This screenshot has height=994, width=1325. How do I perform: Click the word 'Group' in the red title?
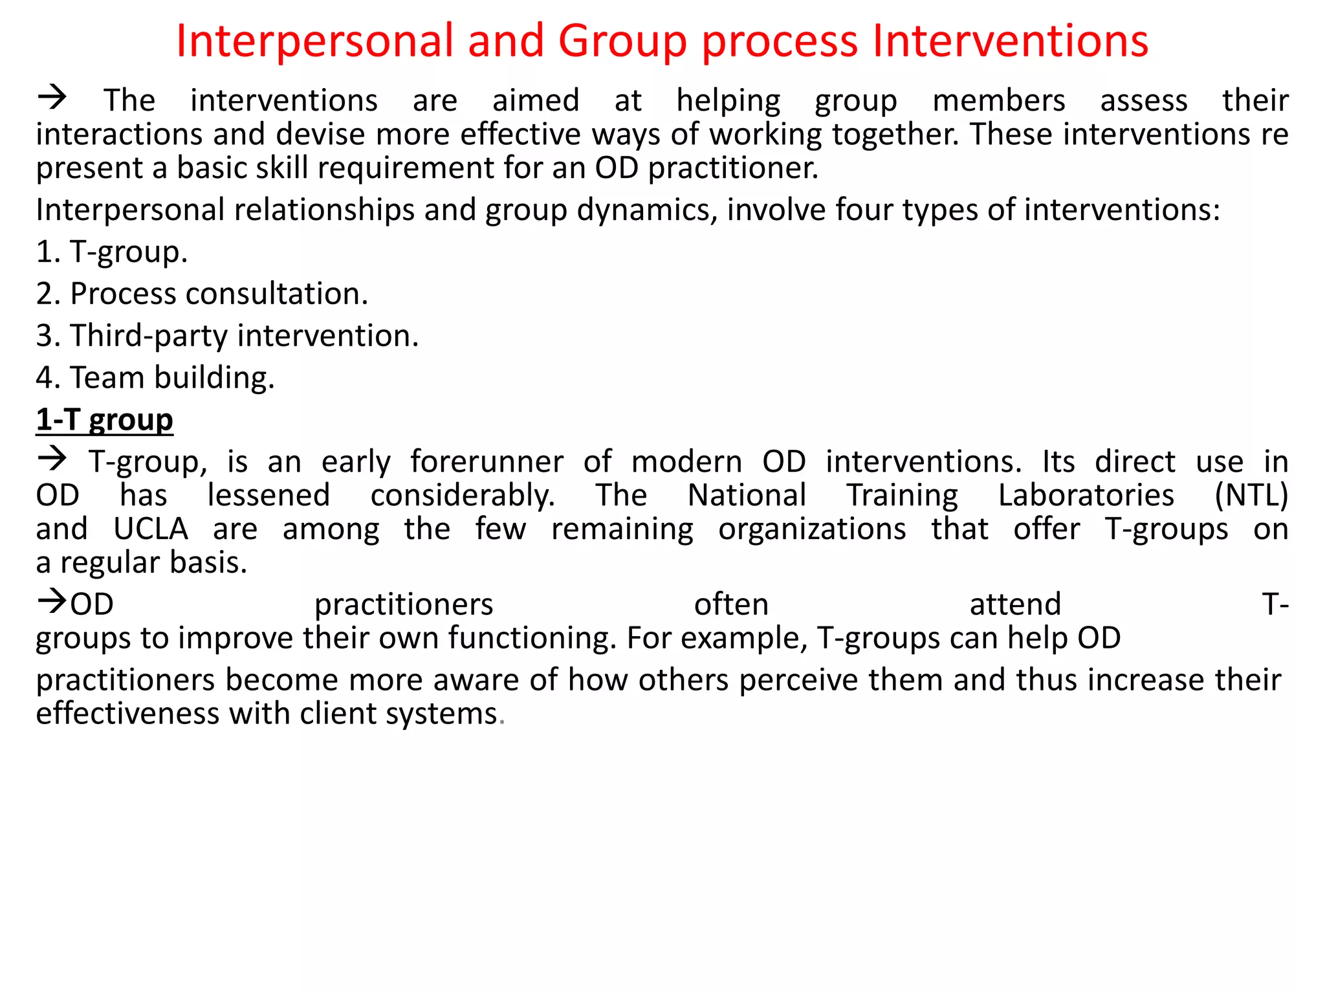622,41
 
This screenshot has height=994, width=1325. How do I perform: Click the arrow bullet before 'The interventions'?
52,98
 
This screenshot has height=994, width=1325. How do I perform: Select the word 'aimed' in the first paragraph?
536,101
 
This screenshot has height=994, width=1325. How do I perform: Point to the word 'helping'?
728,101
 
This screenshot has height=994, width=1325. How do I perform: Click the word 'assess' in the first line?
1144,101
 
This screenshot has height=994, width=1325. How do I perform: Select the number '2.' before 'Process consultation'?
49,294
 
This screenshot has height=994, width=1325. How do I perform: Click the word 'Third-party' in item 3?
149,336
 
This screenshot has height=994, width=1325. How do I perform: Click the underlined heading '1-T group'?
104,420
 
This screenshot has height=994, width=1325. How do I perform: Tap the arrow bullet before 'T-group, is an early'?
52,459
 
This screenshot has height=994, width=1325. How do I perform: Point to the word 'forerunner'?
487,462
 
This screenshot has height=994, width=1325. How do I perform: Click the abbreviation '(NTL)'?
1251,496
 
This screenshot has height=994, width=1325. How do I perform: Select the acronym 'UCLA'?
151,529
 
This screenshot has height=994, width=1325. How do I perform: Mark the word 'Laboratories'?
1086,496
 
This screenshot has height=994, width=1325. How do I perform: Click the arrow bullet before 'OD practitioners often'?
52,602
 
